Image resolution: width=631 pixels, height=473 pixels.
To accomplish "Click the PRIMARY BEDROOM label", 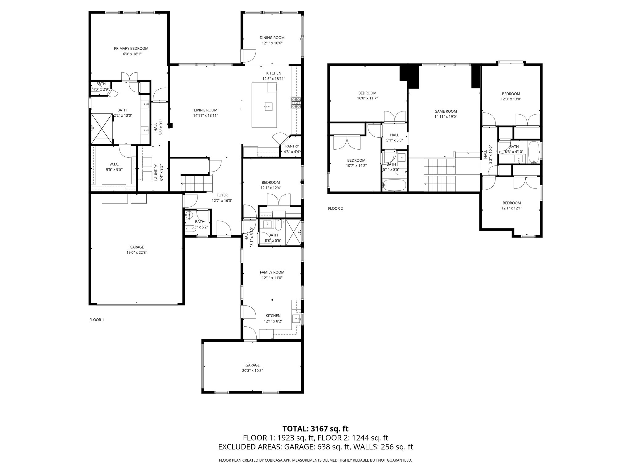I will pos(131,48).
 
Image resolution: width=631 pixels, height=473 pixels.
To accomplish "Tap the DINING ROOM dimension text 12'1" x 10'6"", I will pos(272,43).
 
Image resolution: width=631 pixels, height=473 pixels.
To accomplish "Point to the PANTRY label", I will pos(291,146).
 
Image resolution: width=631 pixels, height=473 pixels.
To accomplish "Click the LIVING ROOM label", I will pos(206,110).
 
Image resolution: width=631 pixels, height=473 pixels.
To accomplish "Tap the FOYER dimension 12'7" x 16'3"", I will pos(222,200).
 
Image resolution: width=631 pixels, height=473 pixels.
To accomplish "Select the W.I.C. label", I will pos(114,164).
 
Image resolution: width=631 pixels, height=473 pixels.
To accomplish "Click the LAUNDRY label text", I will pos(156,172).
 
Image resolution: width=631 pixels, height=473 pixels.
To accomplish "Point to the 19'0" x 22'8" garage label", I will pos(136,253).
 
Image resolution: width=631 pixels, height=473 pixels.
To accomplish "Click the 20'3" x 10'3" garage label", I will pos(252,371).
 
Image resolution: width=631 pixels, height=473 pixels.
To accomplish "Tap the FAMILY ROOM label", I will pos(272,272).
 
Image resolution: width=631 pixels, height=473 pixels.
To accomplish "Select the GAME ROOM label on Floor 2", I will pos(446,111).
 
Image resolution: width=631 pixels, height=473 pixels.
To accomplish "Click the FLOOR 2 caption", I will pos(335,208).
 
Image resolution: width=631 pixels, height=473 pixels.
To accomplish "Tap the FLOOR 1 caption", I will pos(96,320).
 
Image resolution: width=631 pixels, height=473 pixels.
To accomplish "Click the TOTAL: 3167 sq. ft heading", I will pos(315,429).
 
